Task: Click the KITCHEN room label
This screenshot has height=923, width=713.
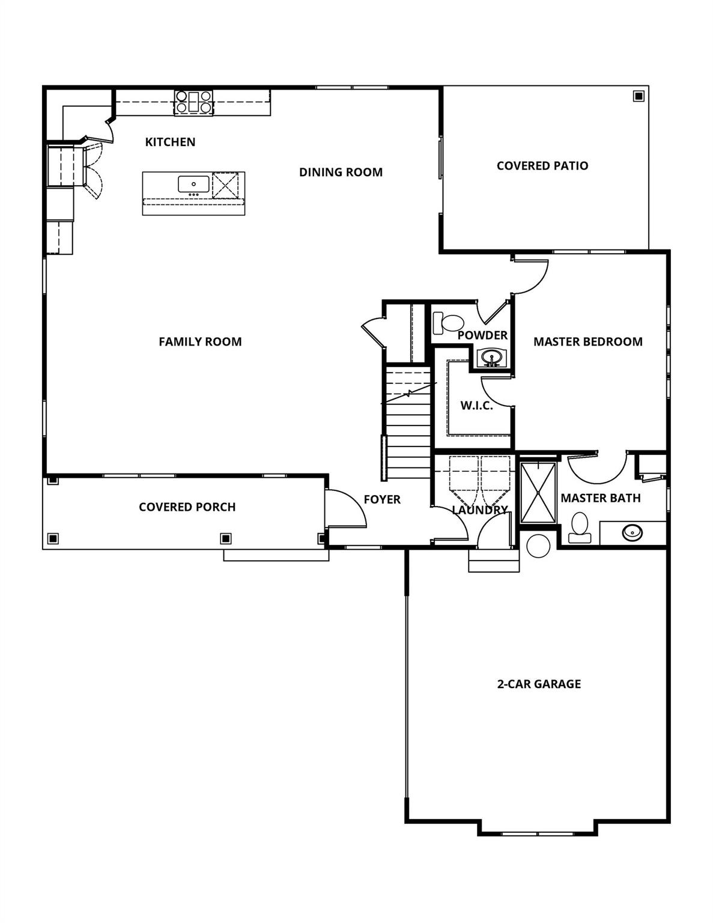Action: [x=170, y=142]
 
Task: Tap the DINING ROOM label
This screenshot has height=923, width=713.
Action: [x=341, y=172]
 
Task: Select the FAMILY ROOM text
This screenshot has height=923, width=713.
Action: [x=200, y=341]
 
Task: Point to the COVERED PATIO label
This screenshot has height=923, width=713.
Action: [x=542, y=166]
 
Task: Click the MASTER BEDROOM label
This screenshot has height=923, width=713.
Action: [x=587, y=341]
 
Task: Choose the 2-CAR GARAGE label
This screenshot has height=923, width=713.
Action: [x=539, y=684]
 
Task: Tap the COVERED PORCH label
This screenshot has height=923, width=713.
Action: [x=187, y=507]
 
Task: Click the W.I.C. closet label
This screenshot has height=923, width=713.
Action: [x=476, y=406]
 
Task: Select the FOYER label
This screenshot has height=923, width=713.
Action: [x=382, y=499]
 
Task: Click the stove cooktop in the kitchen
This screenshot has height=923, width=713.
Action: [x=193, y=102]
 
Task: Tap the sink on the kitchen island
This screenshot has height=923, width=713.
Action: [x=193, y=184]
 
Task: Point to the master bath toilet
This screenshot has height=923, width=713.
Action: [x=580, y=527]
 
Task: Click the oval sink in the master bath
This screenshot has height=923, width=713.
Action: [x=633, y=532]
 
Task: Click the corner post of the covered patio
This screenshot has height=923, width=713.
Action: [x=638, y=96]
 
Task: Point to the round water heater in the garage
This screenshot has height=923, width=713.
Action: [x=538, y=546]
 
